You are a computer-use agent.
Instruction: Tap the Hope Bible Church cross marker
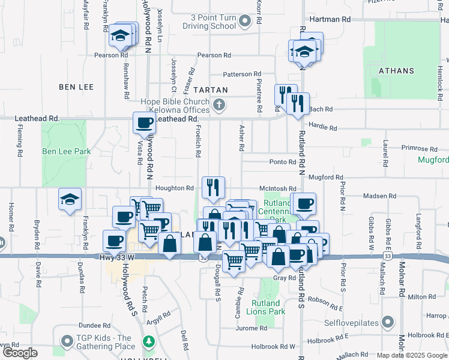pos(220,106)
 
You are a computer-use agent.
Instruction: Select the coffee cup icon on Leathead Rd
pos(144,124)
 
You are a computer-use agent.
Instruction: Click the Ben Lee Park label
pos(67,152)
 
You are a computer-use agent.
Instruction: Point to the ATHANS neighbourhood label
pos(397,71)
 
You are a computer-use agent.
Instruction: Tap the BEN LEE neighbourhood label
pos(76,87)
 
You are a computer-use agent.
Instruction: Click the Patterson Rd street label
pos(238,74)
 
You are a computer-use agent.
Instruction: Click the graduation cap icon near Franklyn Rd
pos(70,200)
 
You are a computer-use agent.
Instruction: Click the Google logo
pos(20,353)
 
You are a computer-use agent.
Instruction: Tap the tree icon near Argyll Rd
pos(148,342)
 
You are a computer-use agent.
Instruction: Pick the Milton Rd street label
pos(421,296)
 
